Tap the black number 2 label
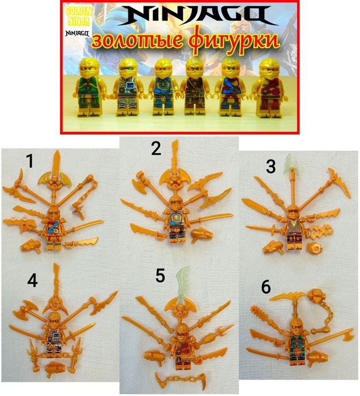[x=156, y=148]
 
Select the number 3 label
[x=271, y=167]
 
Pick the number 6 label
[x=266, y=287]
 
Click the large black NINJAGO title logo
[x=198, y=15]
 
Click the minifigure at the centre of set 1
[x=54, y=227]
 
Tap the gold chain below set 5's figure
[x=181, y=380]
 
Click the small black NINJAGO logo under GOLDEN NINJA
[x=77, y=33]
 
